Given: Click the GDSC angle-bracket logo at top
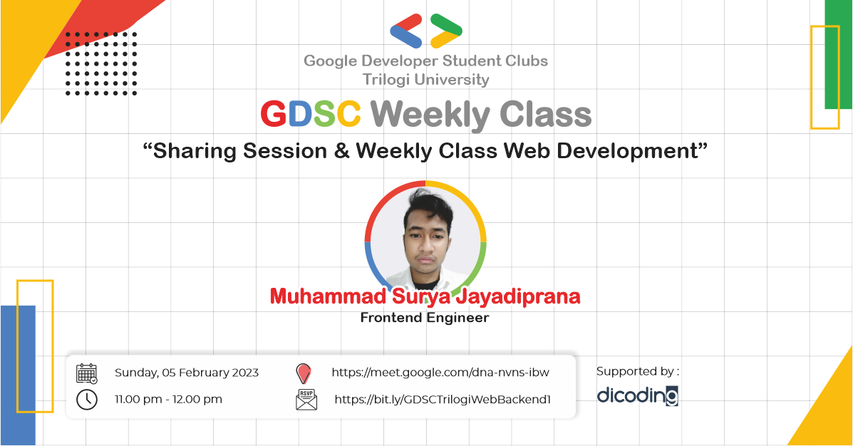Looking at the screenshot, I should pos(426,31).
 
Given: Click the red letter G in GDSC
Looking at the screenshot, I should pos(274,115).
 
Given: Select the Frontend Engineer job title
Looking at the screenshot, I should pos(425,318).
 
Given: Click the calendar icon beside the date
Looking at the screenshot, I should pos(87,373).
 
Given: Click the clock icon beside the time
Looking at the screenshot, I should pos(87,399).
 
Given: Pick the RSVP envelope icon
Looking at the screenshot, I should pos(306,400).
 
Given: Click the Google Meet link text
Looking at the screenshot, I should pos(440,373).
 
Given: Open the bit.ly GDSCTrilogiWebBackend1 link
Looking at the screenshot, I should pos(443,400).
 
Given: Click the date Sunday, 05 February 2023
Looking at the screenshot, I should pos(187,373).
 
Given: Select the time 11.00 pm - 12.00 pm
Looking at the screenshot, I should pos(168,399).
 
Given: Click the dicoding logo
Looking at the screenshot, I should pos(637,395).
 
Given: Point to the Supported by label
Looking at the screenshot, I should pos(638,371).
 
